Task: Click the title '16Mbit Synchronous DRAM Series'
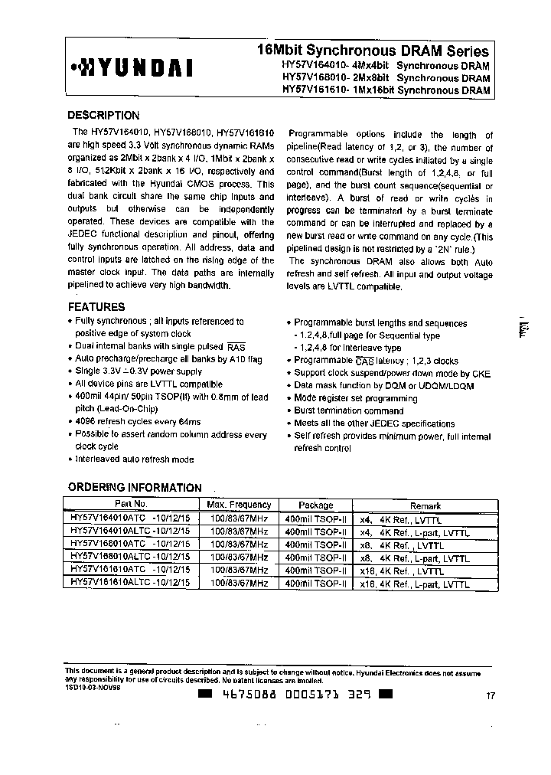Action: [373, 51]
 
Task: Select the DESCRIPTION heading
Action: [103, 116]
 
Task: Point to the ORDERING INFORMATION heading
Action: [135, 488]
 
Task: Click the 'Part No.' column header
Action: [130, 505]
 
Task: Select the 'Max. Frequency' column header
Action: [239, 505]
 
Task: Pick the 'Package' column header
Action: [316, 505]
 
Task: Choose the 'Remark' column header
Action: [425, 505]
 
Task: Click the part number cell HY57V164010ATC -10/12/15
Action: [130, 518]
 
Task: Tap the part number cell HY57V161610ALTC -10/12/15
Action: [130, 584]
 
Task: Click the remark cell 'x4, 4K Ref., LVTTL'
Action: [401, 519]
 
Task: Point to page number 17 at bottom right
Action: [491, 696]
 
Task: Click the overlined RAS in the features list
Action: [236, 346]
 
